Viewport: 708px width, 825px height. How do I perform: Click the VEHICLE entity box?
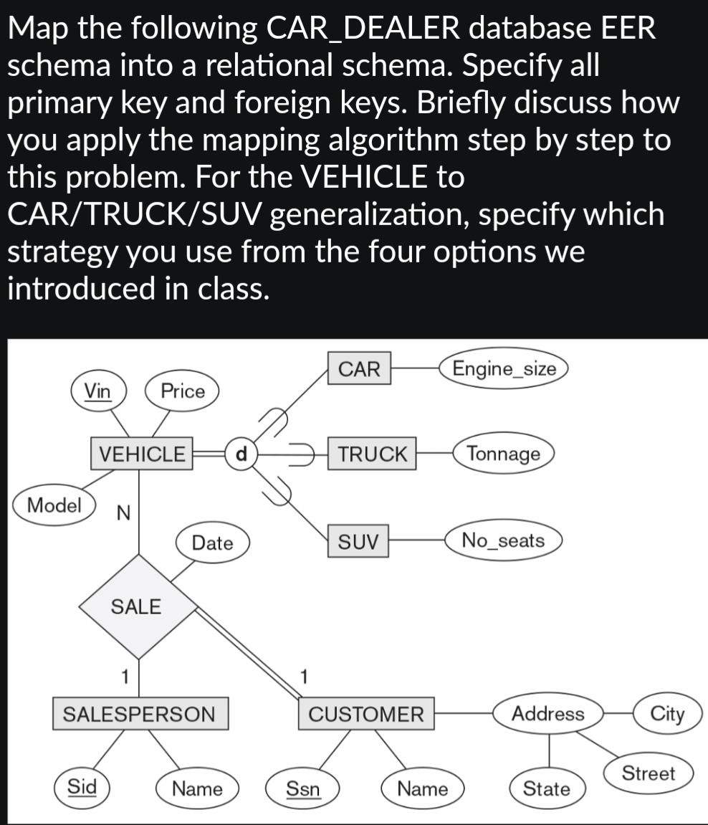point(142,454)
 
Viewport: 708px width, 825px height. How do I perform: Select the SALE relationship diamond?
point(137,606)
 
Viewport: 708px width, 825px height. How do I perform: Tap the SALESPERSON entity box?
point(140,714)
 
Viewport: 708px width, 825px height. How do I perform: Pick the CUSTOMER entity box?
point(366,714)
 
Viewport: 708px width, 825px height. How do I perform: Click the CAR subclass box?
point(359,369)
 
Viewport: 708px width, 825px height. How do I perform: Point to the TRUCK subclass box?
point(372,454)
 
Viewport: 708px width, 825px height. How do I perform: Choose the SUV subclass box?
point(358,540)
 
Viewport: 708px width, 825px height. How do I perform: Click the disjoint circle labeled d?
point(241,454)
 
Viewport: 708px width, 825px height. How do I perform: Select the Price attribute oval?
point(182,391)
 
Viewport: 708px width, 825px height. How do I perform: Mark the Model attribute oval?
point(54,504)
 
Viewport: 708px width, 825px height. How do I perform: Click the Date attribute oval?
point(212,543)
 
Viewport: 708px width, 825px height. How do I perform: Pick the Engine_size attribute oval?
point(504,369)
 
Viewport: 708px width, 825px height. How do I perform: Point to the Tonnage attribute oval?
point(503,454)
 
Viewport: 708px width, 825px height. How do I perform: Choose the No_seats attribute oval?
point(503,540)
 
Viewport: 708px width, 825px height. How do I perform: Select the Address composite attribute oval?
point(547,714)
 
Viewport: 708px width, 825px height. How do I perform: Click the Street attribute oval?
point(648,773)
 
